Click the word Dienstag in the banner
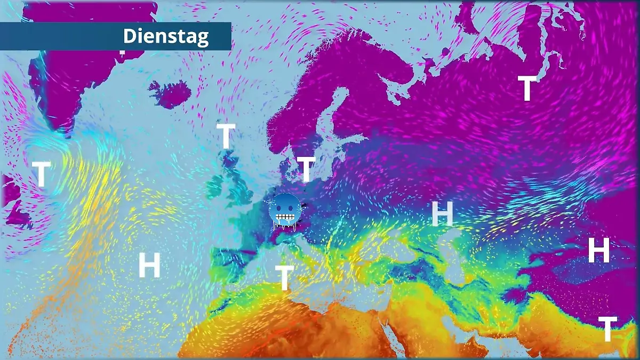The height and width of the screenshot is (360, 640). [x=166, y=36]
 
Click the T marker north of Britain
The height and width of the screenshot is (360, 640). [x=226, y=136]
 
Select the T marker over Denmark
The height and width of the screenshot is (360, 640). [x=306, y=169]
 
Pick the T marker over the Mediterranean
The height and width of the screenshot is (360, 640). [x=284, y=278]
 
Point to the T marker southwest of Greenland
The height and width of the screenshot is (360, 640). [x=41, y=174]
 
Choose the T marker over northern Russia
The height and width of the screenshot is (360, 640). [x=527, y=89]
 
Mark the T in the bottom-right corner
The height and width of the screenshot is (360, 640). [x=607, y=329]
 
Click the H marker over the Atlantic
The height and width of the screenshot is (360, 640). [x=149, y=265]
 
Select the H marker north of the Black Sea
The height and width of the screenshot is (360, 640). [x=442, y=214]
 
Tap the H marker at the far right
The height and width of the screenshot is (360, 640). [x=598, y=250]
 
